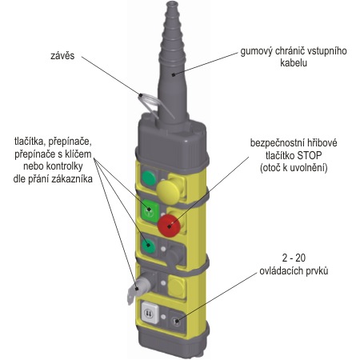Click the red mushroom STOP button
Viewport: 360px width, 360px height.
click(x=169, y=226)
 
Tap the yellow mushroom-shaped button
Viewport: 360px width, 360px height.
click(x=168, y=190)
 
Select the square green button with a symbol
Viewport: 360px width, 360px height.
click(x=150, y=210)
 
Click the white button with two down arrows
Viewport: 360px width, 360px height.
click(x=150, y=312)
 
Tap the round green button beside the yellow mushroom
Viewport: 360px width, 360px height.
click(x=149, y=178)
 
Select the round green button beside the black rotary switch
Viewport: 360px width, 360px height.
click(x=148, y=246)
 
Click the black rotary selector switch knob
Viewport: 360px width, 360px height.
click(x=174, y=255)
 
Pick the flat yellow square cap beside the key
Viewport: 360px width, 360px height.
click(x=177, y=287)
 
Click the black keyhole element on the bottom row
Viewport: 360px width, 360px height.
click(x=176, y=321)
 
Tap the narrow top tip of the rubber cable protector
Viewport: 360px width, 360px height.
click(x=172, y=5)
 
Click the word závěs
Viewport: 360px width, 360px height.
click(x=62, y=55)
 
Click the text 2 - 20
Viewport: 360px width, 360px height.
click(x=294, y=258)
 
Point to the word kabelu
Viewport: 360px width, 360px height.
click(x=294, y=63)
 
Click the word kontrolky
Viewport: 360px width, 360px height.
click(x=64, y=166)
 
